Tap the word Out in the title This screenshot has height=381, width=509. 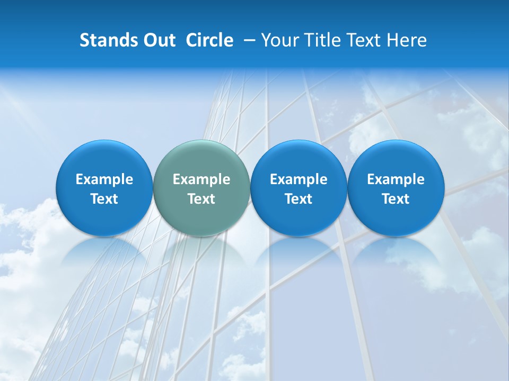coord(158,40)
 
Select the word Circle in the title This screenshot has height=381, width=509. coord(209,40)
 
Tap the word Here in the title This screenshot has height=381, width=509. coord(407,40)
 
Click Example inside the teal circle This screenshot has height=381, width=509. coord(201,179)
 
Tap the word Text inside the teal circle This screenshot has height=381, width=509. coord(201,199)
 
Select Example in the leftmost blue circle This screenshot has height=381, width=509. coord(104,179)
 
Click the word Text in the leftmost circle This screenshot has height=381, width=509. coord(104,199)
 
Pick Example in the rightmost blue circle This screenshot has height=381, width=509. coord(396,179)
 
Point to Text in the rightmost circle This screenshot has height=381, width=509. coord(396,199)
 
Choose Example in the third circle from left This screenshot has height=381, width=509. coord(299,179)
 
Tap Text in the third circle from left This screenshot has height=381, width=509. coord(299,199)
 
